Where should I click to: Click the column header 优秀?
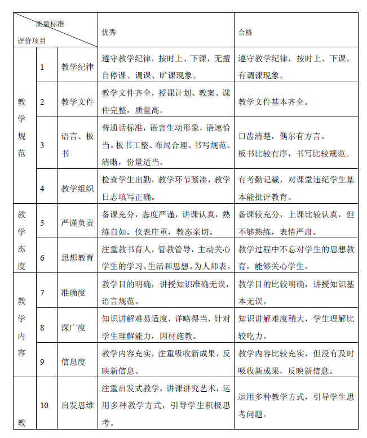tap(109, 32)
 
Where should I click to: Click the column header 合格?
tap(245, 32)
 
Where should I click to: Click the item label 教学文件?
tap(77, 102)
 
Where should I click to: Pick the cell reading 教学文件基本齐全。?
tap(273, 102)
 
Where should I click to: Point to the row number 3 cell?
tap(42, 145)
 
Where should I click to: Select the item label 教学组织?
tap(77, 189)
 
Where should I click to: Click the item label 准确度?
tap(73, 292)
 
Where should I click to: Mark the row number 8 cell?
tap(42, 327)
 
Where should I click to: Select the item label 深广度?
tap(73, 327)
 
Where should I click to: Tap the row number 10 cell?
tap(45, 405)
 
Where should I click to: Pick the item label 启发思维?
tap(77, 405)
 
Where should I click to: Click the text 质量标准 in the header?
tap(49, 24)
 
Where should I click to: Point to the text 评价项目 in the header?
tap(32, 41)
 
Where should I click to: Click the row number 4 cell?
tap(42, 189)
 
